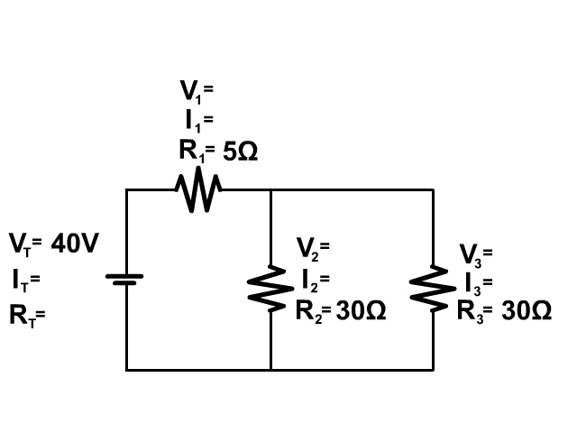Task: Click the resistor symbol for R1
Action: coord(197,190)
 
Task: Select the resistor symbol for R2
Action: coord(270,288)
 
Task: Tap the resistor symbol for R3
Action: coord(433,288)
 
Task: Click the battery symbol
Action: coord(126,280)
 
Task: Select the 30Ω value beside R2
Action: coord(361,311)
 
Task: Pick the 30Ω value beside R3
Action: coord(526,311)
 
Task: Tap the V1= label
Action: coord(197,90)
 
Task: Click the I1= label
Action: coord(197,120)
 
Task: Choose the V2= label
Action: coord(313,246)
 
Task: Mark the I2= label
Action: coord(313,278)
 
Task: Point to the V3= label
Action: coord(476,252)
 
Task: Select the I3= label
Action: coord(476,282)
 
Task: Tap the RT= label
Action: coord(27,316)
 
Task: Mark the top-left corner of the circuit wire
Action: coord(126,189)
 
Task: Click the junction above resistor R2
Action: coord(270,189)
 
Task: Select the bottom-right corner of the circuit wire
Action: coord(433,370)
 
